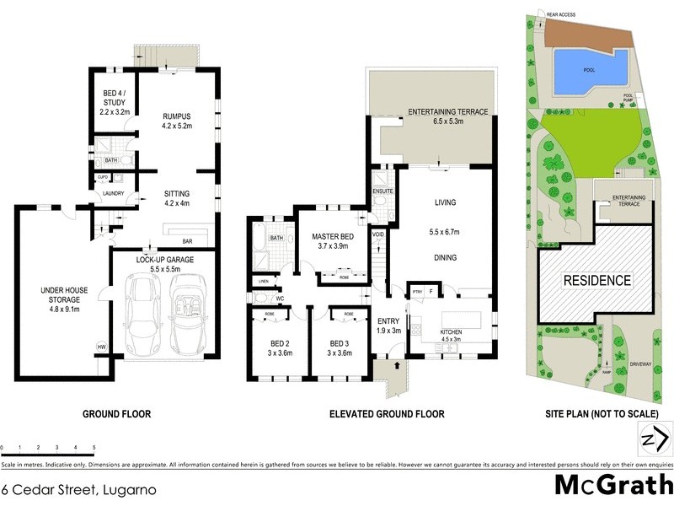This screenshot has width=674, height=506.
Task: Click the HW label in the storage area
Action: click(102, 347)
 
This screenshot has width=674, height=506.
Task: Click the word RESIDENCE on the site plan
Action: click(596, 280)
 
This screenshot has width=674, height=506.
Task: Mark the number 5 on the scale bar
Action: click(94, 447)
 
